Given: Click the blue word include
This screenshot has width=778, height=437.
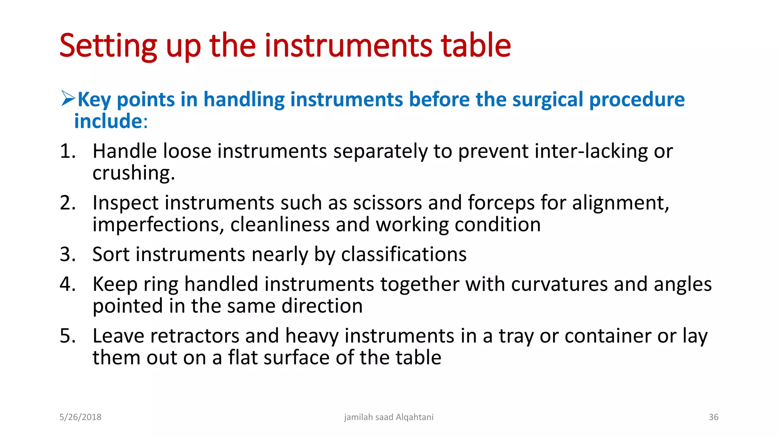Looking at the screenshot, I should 108,121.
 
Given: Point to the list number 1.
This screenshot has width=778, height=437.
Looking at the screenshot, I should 67,151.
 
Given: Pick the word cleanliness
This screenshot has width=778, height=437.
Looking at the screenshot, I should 280,225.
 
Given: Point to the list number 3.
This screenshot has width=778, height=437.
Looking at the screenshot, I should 67,254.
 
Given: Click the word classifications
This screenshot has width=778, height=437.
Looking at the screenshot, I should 403,254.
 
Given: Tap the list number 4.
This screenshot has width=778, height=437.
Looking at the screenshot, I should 67,284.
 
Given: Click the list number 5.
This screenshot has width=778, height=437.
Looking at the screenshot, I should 67,336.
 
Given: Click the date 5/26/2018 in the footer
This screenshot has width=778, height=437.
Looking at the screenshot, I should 80,417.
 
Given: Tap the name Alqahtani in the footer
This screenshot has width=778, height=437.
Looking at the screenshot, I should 414,417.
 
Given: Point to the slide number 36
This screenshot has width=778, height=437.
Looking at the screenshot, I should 713,417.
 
